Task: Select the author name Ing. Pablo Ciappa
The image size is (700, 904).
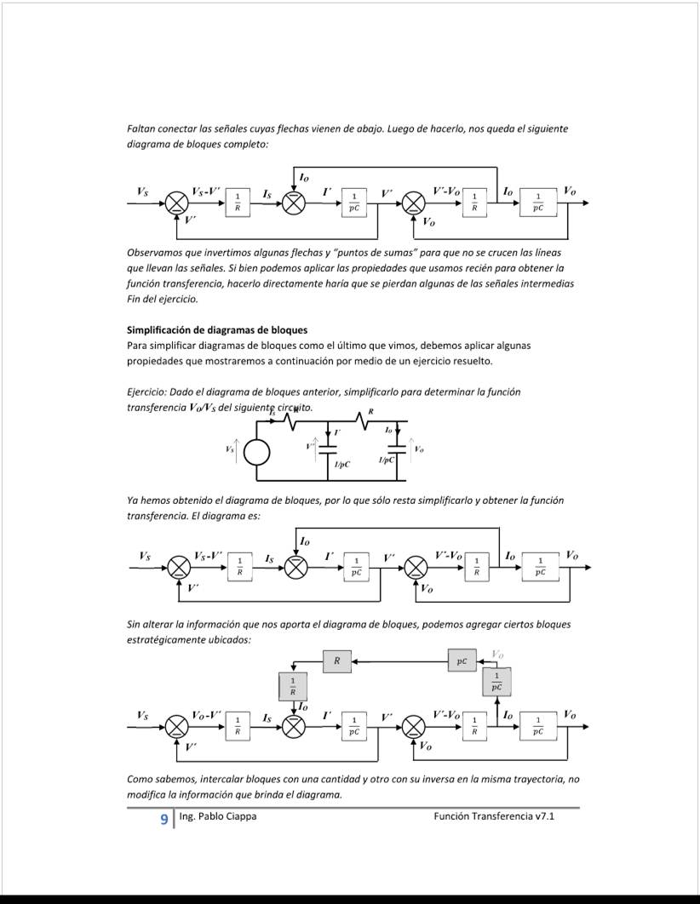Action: (217, 817)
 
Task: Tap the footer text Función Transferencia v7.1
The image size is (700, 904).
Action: (493, 817)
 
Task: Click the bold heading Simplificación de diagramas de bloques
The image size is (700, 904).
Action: (217, 329)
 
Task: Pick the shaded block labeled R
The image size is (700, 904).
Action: (336, 661)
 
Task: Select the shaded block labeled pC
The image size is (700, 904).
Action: (462, 661)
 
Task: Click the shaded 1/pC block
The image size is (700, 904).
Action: (496, 681)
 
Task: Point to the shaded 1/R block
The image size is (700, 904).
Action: (293, 686)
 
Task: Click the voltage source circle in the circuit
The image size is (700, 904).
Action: (256, 453)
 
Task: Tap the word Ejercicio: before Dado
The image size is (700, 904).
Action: (146, 392)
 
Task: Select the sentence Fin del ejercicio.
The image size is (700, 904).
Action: (162, 300)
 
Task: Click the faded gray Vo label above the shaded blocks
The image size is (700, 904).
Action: (498, 654)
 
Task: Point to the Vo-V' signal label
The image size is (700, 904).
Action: (207, 715)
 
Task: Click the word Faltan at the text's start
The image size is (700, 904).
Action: (141, 129)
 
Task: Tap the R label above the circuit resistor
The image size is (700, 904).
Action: (370, 410)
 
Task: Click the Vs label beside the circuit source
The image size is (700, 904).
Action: (229, 449)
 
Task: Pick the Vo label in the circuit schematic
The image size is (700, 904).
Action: (418, 449)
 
